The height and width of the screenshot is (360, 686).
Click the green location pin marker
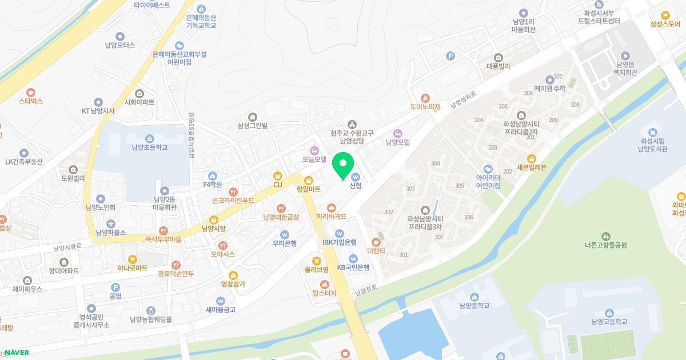(343, 166)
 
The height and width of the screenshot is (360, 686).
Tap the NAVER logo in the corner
(17, 353)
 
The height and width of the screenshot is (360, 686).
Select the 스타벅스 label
(31, 101)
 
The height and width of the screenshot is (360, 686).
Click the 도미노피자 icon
(424, 98)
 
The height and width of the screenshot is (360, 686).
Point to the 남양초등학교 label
(149, 147)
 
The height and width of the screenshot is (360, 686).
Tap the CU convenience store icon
(278, 176)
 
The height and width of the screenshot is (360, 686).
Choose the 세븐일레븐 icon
(532, 158)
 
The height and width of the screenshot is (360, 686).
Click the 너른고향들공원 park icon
(606, 236)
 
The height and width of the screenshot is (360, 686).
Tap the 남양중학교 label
(474, 306)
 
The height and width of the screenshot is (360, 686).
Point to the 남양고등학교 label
(609, 322)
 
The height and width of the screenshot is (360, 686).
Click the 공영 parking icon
(115, 287)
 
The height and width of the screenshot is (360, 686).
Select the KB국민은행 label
(353, 267)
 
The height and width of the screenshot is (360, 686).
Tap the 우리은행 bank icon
(284, 234)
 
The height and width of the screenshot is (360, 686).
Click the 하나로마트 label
(133, 268)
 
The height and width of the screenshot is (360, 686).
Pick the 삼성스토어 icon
(665, 15)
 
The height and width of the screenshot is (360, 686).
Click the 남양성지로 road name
(463, 101)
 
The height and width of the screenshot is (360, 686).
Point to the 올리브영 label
(316, 270)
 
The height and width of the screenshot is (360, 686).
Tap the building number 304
(436, 163)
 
